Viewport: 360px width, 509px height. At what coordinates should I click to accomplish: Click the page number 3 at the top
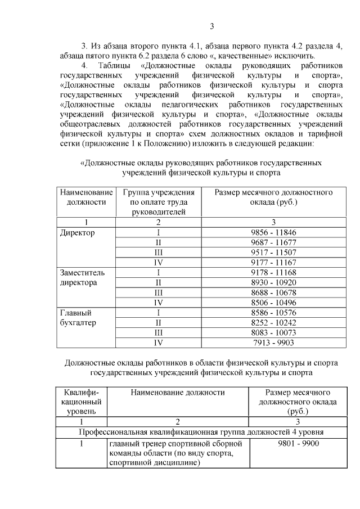[x=211, y=26]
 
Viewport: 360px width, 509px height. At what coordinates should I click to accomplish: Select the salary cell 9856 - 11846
[x=273, y=232]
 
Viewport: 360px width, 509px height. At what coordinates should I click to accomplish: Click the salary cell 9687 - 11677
[x=273, y=242]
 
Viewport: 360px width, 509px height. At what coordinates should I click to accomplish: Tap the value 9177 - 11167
[x=273, y=262]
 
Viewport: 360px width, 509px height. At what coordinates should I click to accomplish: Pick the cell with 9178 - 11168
[x=273, y=272]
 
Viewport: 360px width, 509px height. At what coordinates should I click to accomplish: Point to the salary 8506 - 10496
[x=273, y=303]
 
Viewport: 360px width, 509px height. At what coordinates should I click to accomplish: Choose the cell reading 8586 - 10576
[x=273, y=312]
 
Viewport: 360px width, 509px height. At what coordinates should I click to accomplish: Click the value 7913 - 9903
[x=273, y=342]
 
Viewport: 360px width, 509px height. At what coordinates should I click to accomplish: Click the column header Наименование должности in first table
[x=86, y=197]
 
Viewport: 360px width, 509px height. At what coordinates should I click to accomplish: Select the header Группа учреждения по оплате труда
[x=159, y=202]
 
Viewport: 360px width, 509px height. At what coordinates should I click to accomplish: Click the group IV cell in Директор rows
[x=159, y=262]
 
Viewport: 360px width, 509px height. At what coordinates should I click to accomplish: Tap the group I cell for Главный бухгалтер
[x=159, y=312]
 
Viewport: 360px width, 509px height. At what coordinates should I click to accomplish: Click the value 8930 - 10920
[x=273, y=282]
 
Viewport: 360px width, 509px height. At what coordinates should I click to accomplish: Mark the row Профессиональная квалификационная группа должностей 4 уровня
[x=201, y=431]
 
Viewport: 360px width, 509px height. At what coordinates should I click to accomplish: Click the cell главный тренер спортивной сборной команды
[x=177, y=453]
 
